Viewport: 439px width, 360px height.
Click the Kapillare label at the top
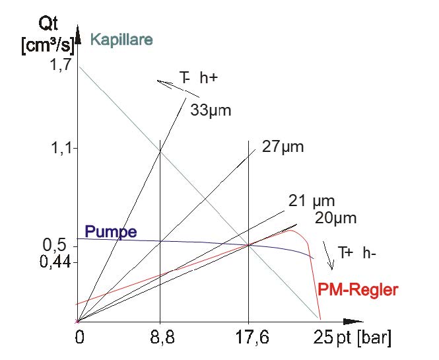pyautogui.click(x=121, y=40)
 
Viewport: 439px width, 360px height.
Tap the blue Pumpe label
pyautogui.click(x=111, y=232)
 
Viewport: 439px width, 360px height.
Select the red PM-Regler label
pyautogui.click(x=358, y=289)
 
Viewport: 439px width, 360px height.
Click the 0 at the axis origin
pyautogui.click(x=81, y=339)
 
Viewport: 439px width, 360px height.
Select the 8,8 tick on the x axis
pyautogui.click(x=161, y=339)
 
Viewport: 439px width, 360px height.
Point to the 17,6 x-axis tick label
pyautogui.click(x=248, y=339)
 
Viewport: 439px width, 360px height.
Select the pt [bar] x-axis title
pyautogui.click(x=362, y=339)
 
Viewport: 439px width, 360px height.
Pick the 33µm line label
pyautogui.click(x=211, y=110)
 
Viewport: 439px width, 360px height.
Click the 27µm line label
pyautogui.click(x=283, y=147)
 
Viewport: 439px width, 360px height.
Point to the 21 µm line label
pyautogui.click(x=312, y=201)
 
